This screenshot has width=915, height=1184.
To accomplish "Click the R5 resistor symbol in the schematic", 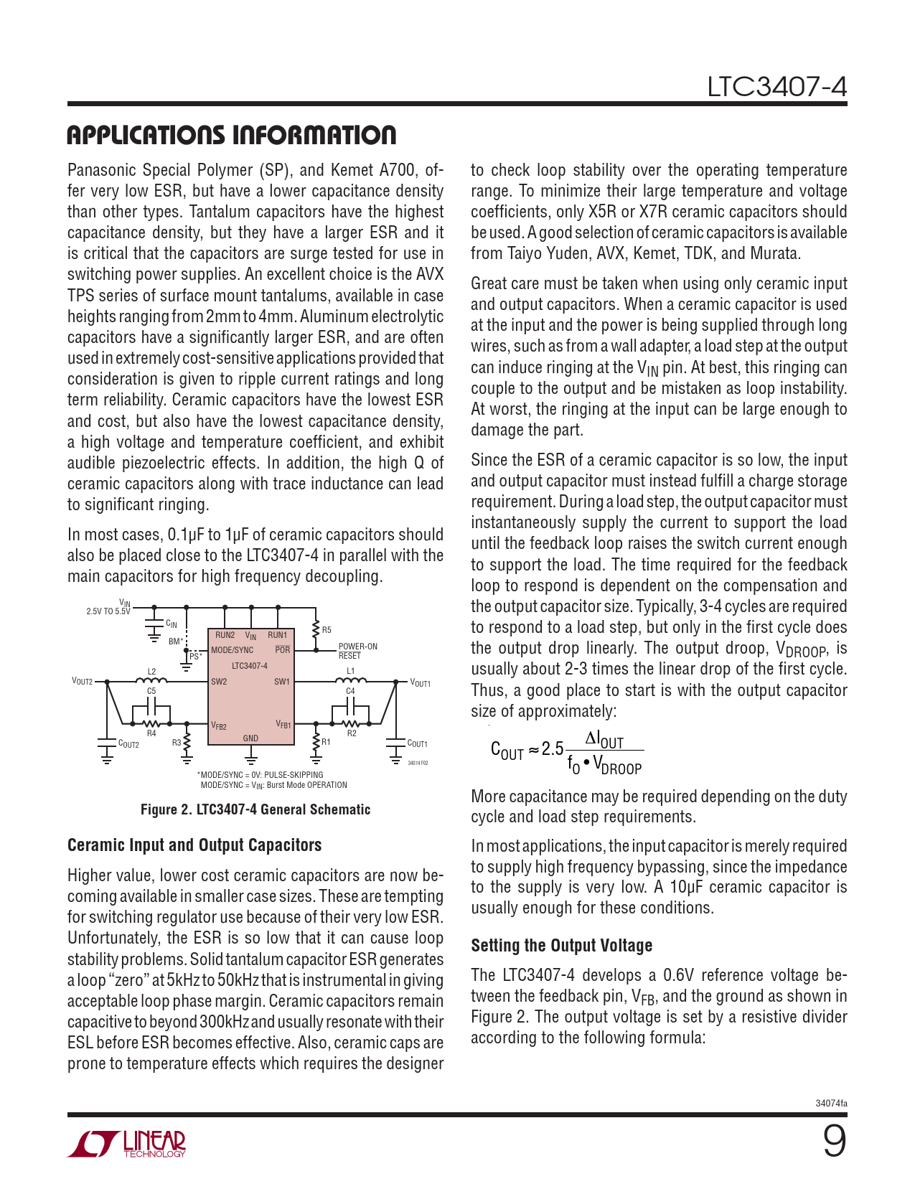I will point(316,630).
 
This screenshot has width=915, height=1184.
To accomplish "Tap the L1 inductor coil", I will point(352,681).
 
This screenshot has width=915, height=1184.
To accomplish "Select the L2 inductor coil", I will point(152,681).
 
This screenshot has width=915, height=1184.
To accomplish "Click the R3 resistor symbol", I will point(187,743).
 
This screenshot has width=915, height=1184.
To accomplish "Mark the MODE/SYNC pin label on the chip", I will point(233,650).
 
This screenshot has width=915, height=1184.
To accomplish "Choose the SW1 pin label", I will point(282,682).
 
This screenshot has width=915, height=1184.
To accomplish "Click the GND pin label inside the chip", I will point(250,738).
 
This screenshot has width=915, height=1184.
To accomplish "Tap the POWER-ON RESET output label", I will point(357,651).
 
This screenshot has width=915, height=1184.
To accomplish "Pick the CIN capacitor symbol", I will point(154,625).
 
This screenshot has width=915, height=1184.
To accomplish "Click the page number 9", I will point(834,1142).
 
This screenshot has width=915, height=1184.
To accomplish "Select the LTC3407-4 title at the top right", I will point(776,87).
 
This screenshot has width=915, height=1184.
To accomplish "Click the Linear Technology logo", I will point(127,1144).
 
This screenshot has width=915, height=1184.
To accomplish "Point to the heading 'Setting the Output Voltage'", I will point(561,946).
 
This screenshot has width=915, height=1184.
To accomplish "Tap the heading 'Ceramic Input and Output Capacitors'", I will point(194,845).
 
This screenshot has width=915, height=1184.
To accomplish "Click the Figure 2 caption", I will point(255,809).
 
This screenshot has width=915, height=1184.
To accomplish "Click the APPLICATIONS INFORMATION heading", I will point(231,135).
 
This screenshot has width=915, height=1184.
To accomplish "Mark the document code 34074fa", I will point(831,1103).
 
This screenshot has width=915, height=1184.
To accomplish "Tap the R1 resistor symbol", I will point(316,742).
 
